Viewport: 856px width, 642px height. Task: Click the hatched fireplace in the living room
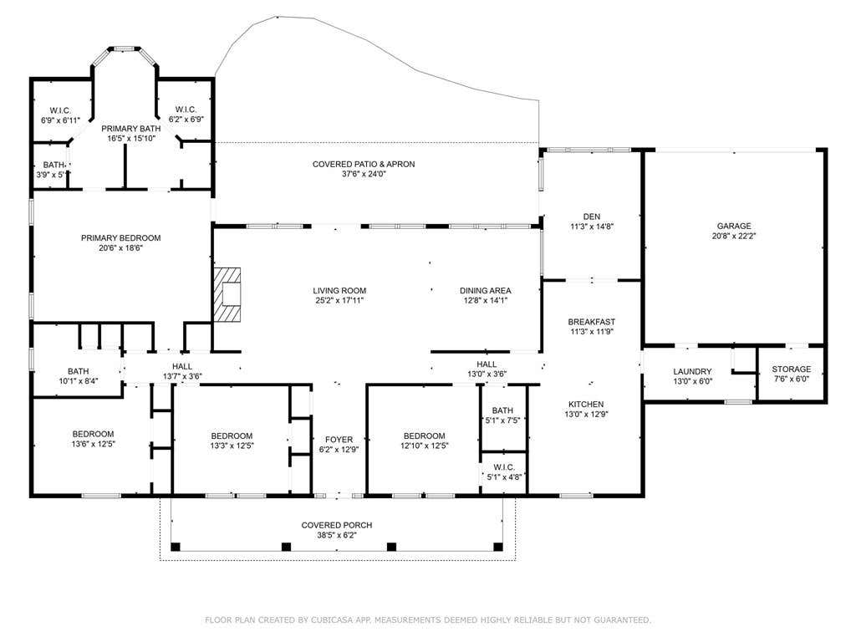(227, 295)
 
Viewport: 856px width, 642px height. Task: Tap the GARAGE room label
(734, 226)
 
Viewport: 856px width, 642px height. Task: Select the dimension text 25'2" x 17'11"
(339, 300)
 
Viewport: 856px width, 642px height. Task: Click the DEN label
(591, 217)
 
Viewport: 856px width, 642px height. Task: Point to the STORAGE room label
(791, 369)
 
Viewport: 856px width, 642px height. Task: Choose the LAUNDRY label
(692, 372)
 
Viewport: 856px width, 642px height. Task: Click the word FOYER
(339, 440)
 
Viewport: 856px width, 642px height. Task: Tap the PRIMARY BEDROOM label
(120, 238)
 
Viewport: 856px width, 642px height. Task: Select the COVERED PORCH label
(337, 525)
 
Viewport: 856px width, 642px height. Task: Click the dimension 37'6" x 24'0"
(364, 174)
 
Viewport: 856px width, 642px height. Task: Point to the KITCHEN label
(586, 405)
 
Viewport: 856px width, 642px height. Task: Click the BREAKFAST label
(591, 322)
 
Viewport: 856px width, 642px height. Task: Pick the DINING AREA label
(486, 290)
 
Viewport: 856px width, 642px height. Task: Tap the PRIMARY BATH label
(131, 129)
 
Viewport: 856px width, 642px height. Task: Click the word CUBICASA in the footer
(332, 620)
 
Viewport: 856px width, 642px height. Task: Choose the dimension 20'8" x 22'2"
(734, 237)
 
